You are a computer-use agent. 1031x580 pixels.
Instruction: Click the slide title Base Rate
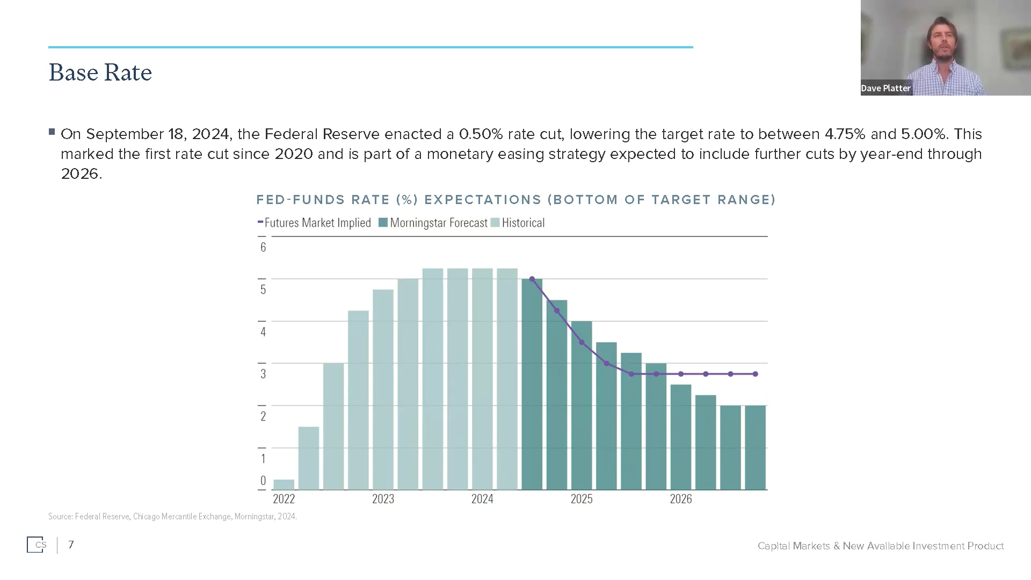click(x=100, y=73)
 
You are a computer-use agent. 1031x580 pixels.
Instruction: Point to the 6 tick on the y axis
click(x=263, y=248)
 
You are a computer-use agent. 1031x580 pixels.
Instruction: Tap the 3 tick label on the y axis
click(x=263, y=374)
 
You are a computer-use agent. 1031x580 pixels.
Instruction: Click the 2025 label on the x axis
click(x=581, y=499)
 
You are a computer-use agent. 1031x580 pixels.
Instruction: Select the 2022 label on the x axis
click(x=284, y=499)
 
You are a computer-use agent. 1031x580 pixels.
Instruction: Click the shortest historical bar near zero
click(x=284, y=484)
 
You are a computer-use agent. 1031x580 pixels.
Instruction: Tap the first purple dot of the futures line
click(x=532, y=279)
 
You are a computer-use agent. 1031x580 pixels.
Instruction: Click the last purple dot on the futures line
click(x=756, y=374)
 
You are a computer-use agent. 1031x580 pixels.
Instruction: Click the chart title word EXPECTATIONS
click(x=482, y=200)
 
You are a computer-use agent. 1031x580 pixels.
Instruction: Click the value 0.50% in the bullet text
click(x=481, y=134)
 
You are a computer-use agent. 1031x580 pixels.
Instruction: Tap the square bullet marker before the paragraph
click(x=52, y=132)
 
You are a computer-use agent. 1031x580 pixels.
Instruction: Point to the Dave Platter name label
click(x=885, y=88)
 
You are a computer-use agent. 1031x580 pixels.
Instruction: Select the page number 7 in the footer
click(x=71, y=545)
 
